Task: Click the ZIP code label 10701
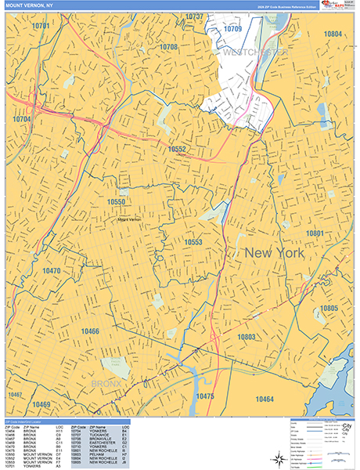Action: (41, 26)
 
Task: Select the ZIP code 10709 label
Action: (232, 28)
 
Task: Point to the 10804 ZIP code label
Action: (333, 34)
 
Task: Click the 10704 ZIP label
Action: (22, 119)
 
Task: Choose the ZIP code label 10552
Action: (177, 148)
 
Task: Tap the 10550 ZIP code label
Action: (117, 202)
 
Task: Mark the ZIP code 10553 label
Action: (193, 243)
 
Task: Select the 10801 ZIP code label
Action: (315, 233)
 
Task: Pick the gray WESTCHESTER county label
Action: (253, 52)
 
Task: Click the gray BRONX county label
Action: (107, 384)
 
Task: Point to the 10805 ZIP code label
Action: (329, 308)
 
